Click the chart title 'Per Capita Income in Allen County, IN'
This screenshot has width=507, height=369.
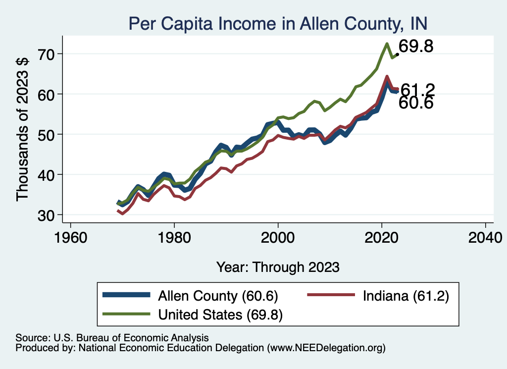(x=278, y=23)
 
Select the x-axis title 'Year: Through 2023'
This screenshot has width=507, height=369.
(x=278, y=267)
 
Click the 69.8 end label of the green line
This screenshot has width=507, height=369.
(x=416, y=47)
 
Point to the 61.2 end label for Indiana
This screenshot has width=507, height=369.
(x=417, y=89)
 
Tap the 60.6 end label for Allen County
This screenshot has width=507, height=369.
(x=416, y=103)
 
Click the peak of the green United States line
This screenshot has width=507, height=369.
(x=386, y=44)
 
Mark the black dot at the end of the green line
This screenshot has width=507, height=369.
(x=397, y=54)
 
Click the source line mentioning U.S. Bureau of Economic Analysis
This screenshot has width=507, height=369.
(x=112, y=337)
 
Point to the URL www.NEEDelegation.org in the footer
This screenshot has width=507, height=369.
(x=326, y=348)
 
